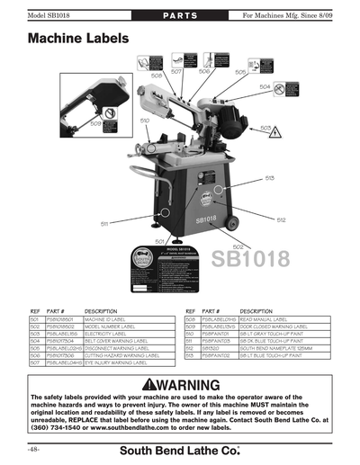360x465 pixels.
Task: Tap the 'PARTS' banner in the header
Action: [x=179, y=17]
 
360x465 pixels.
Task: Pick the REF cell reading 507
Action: [x=35, y=362]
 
